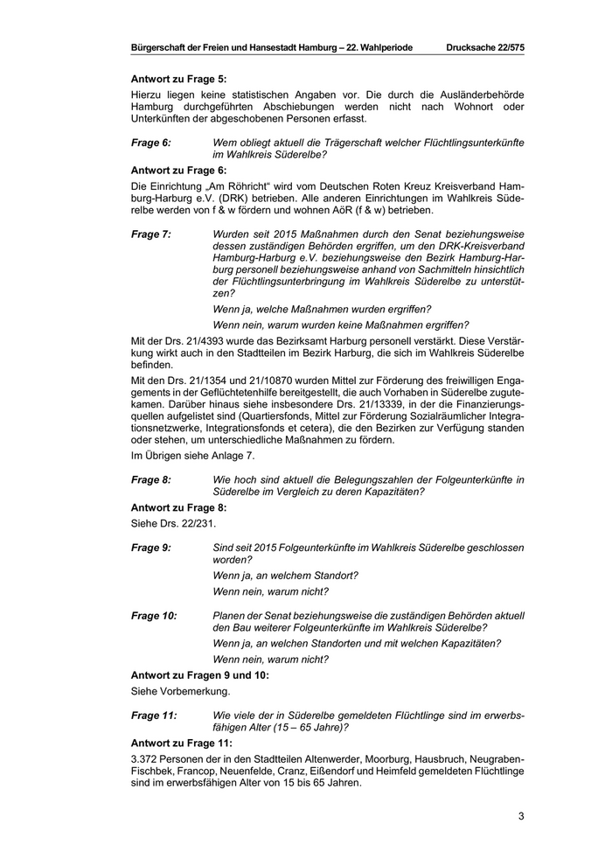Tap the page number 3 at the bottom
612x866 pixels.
[x=521, y=817]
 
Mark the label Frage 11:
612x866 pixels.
[x=153, y=715]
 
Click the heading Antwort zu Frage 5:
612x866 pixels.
[x=178, y=79]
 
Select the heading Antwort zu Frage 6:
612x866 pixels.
[x=178, y=170]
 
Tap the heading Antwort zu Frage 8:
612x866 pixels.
[x=178, y=506]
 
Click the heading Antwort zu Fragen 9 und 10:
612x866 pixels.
[x=199, y=674]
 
